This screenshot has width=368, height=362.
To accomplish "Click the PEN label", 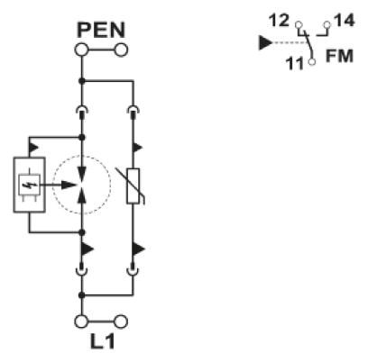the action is [101, 30].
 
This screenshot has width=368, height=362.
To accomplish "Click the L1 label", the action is [103, 341].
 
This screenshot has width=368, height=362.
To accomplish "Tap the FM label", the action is [339, 56].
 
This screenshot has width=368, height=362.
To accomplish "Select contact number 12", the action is [279, 21].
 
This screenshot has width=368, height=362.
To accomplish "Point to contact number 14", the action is [345, 21].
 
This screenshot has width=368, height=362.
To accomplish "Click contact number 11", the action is [295, 64].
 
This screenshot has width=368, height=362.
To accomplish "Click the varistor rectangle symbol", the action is [133, 186].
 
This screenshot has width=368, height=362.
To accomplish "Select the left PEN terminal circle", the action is [81, 50].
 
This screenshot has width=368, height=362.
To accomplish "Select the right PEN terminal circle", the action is [121, 50].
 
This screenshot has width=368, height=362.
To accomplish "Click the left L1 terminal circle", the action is [81, 321].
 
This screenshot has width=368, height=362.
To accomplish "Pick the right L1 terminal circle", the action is [121, 321].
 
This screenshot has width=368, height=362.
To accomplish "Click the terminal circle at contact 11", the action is [312, 61].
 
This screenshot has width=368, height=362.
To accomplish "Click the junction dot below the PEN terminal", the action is [81, 81].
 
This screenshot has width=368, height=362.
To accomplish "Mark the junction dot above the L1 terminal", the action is [81, 295].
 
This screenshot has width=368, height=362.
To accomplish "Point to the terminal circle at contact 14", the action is [327, 24].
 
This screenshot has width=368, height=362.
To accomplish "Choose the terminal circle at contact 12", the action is [299, 24].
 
